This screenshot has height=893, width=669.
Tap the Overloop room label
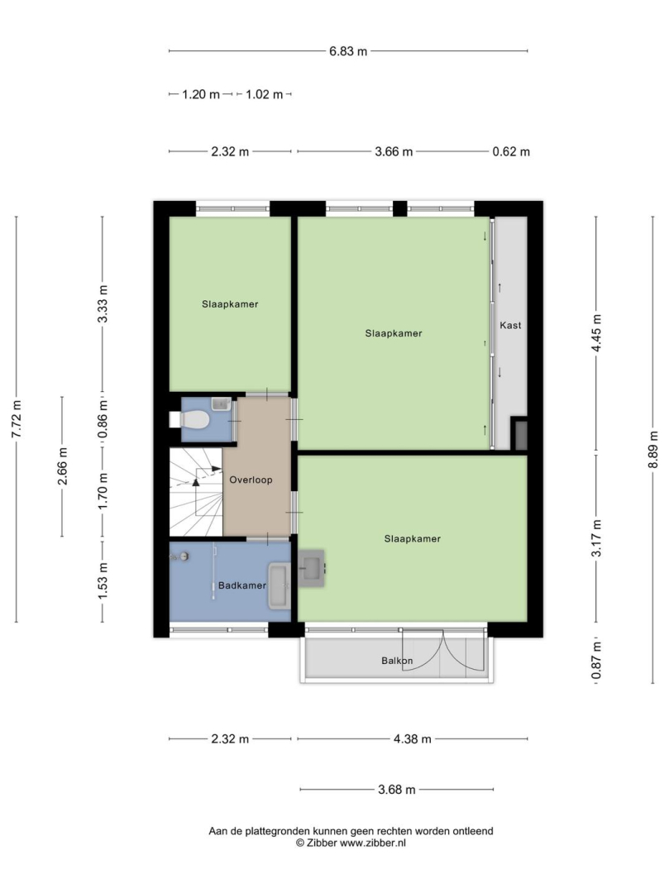[x=251, y=480]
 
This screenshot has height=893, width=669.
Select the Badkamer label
[x=242, y=585]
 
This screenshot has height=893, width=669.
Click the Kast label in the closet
[x=510, y=325]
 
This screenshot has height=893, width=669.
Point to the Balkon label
[x=397, y=661]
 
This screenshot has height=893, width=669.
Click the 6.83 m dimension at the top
[x=348, y=51]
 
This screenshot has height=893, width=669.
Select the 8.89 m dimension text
[x=652, y=449]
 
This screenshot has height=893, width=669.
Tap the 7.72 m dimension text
[x=17, y=420]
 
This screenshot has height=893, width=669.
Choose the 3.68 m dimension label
[x=397, y=790]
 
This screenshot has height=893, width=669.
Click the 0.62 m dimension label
[x=511, y=151]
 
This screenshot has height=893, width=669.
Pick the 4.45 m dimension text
[x=596, y=333]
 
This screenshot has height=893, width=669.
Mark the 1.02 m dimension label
[x=264, y=94]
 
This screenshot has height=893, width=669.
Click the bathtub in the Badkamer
[x=279, y=586]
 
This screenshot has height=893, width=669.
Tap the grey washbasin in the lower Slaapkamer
[x=312, y=568]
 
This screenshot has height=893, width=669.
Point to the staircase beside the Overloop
[x=196, y=492]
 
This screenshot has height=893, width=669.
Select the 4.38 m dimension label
[x=413, y=739]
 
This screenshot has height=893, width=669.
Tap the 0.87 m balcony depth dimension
[x=596, y=661]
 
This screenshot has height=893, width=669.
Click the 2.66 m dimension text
[x=62, y=466]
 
